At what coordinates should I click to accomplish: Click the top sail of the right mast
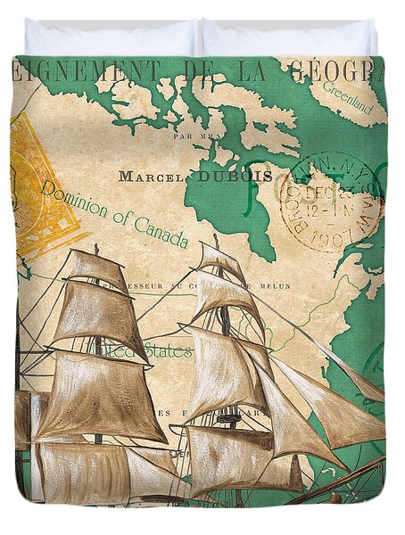click(x=219, y=260)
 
